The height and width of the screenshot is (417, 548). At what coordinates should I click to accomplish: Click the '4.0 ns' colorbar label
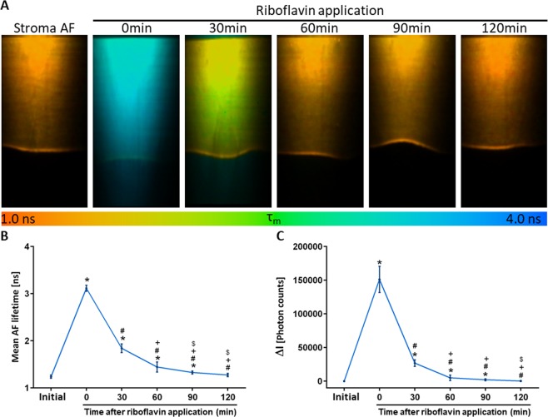[525, 221]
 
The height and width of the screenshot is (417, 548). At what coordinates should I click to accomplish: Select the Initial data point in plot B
[50, 377]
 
